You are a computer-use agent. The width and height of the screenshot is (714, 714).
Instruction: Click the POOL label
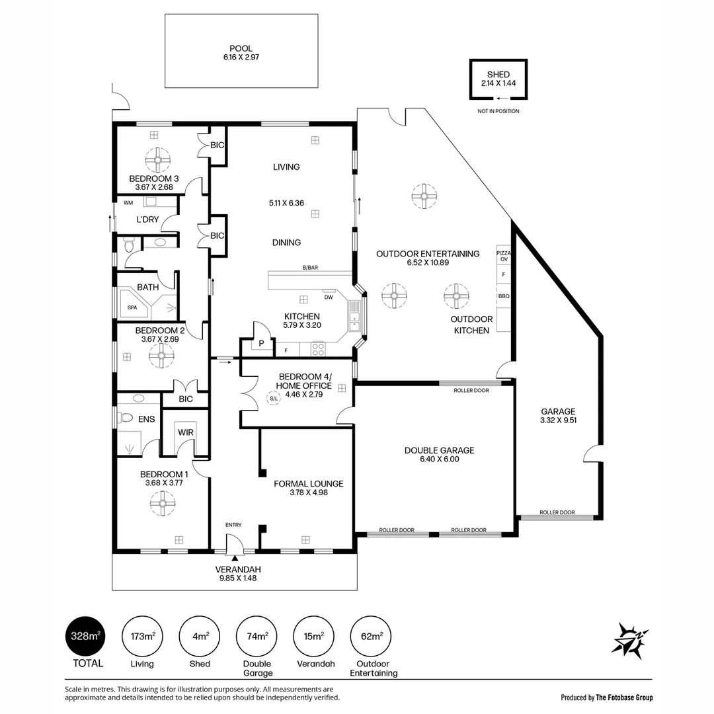click(241, 48)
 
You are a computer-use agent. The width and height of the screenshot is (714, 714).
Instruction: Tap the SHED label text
click(498, 74)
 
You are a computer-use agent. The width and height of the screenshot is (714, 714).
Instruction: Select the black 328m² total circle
click(86, 636)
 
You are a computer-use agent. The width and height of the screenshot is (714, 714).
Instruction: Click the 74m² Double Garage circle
click(257, 636)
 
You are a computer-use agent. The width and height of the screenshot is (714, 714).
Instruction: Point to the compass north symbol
click(631, 640)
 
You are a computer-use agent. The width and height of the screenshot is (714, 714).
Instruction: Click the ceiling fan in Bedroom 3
click(157, 160)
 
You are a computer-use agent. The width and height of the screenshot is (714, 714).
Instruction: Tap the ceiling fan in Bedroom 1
click(163, 503)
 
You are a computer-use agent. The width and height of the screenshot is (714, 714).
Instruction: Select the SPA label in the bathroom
click(132, 307)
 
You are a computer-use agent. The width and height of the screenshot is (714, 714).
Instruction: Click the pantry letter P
click(261, 343)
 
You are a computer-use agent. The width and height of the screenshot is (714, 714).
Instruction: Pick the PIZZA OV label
click(504, 256)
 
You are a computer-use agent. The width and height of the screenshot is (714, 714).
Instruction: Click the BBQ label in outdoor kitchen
click(504, 296)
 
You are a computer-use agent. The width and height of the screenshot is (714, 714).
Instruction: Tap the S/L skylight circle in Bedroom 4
click(273, 399)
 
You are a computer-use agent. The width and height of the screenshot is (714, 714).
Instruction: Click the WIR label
click(186, 432)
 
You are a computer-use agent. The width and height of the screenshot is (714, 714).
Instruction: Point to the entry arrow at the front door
click(235, 558)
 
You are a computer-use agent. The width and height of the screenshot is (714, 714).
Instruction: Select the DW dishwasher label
click(329, 297)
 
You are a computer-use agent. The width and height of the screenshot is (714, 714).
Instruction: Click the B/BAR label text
click(310, 268)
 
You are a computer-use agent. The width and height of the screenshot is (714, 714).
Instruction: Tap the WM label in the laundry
click(128, 203)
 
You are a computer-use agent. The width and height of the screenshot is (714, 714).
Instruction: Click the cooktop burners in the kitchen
click(318, 349)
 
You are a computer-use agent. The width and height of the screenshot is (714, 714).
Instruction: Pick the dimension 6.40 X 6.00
click(440, 459)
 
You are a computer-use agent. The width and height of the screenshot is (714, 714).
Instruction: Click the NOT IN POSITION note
click(498, 111)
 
